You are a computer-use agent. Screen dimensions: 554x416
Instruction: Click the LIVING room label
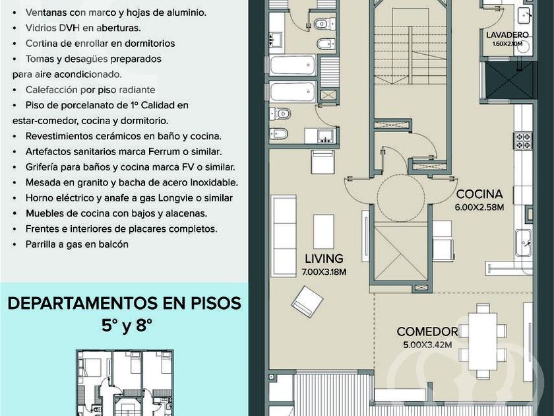pyautogui.click(x=324, y=259)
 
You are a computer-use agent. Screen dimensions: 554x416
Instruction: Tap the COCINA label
pyautogui.click(x=479, y=194)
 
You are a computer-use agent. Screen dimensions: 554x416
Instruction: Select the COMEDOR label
pyautogui.click(x=427, y=331)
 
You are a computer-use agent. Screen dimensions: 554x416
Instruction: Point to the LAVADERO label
pyautogui.click(x=507, y=35)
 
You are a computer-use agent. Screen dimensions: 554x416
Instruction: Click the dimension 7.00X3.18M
pyautogui.click(x=324, y=272)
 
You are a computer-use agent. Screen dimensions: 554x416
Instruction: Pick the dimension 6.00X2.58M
pyautogui.click(x=479, y=207)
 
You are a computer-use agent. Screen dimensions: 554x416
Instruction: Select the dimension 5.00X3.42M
pyautogui.click(x=427, y=345)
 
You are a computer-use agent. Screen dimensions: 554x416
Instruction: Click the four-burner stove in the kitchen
pyautogui.click(x=523, y=141)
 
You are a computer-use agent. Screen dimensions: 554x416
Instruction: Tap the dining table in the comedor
pyautogui.click(x=483, y=341)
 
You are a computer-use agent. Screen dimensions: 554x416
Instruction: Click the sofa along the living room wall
pyautogui.click(x=284, y=236)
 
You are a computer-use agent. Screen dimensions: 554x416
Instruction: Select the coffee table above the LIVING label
pyautogui.click(x=323, y=232)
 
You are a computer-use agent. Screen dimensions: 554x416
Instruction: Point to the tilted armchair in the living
pyautogui.click(x=307, y=302)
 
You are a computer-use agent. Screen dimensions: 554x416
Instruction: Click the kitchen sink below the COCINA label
pyautogui.click(x=523, y=243)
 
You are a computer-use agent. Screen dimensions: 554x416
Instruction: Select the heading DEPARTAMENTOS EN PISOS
pyautogui.click(x=125, y=304)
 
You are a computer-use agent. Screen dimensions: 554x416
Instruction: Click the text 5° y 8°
pyautogui.click(x=127, y=326)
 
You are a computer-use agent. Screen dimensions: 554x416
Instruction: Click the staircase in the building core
pyautogui.click(x=410, y=46)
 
